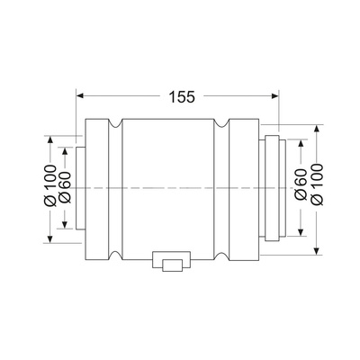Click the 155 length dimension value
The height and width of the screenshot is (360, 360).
tap(182, 96)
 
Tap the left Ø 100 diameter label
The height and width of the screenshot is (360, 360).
tap(50, 185)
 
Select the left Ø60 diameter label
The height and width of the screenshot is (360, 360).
tap(64, 187)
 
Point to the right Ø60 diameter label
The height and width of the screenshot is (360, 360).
tap(301, 184)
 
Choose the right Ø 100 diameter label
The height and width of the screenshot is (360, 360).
tap(317, 184)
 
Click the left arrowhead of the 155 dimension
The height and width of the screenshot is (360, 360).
tap(79, 95)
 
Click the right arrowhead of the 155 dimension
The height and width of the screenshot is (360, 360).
tap(275, 95)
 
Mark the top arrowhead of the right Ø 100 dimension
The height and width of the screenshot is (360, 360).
tap(317, 129)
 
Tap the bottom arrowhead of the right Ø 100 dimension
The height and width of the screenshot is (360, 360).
tap(317, 251)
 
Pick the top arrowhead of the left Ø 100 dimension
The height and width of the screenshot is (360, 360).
tap(50, 139)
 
